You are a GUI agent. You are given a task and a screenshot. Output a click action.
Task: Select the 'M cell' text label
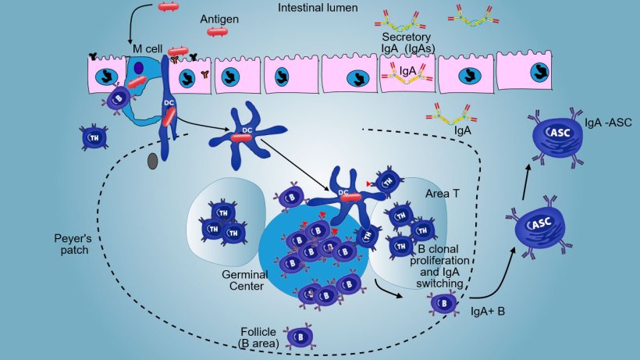click(x=145, y=48)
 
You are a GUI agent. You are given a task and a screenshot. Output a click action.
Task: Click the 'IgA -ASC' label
click(x=607, y=123)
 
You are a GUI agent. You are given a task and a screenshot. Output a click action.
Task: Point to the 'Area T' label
click(x=441, y=192)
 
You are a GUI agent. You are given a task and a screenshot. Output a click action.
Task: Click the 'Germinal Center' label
click(x=245, y=280)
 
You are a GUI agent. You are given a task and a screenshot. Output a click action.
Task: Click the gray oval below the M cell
click(x=153, y=161)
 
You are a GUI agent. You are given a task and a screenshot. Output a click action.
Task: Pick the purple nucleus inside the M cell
click(x=138, y=68)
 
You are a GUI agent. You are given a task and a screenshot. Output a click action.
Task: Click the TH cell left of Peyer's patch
click(x=94, y=137)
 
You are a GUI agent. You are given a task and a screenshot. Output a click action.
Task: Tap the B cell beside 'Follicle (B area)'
click(x=300, y=337)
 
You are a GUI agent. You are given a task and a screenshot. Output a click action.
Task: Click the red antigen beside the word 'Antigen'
click(x=218, y=32)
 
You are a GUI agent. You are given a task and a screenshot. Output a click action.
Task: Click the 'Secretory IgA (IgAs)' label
click(x=409, y=42)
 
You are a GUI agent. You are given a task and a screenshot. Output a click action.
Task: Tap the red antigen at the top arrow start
click(x=169, y=6)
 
